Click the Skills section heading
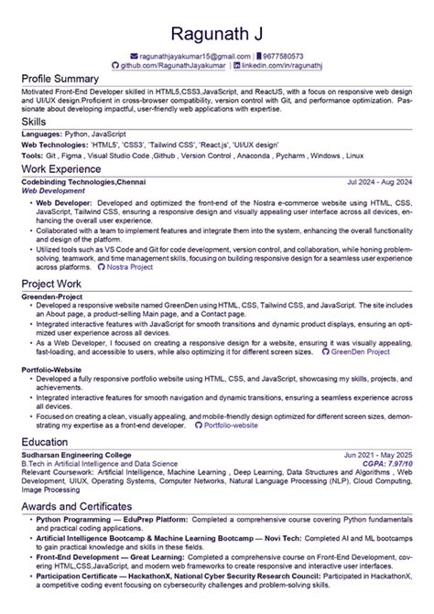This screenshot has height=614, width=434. (35, 122)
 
